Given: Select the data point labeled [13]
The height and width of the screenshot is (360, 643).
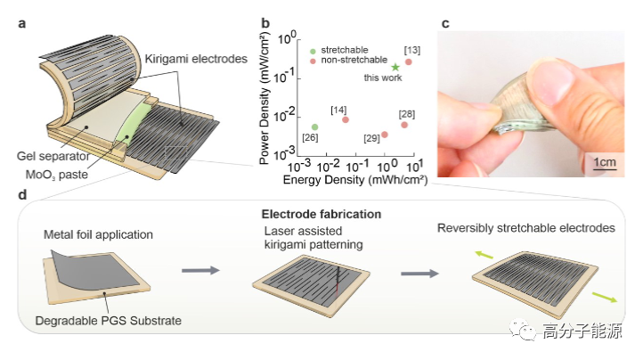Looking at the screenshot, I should (409, 61).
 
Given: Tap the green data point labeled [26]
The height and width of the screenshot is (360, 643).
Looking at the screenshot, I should (314, 127).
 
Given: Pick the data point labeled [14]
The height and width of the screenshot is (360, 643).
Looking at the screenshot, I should (346, 119).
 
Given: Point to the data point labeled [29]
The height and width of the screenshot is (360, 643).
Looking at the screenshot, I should (385, 135).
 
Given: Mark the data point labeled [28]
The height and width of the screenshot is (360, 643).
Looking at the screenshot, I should (404, 125).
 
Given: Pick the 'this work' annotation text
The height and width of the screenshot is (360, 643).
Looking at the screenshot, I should (380, 80).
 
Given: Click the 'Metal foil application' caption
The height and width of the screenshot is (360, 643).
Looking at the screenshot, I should (98, 235).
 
